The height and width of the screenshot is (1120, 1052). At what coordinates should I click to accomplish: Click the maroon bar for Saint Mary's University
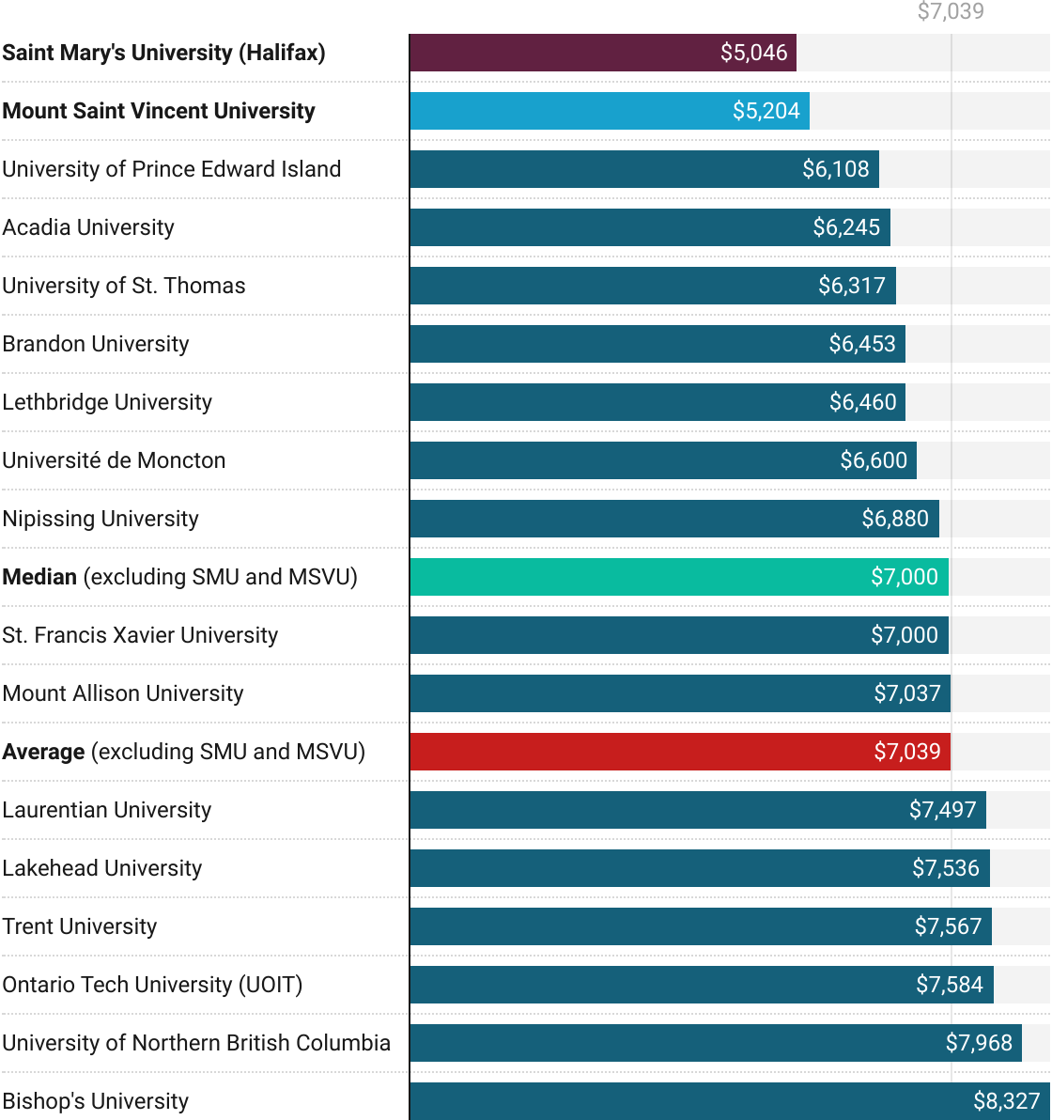(602, 53)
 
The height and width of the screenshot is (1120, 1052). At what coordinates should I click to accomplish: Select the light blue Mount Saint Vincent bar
(609, 111)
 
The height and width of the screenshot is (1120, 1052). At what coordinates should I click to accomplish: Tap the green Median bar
(678, 577)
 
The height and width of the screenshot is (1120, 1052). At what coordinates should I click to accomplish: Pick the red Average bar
(679, 752)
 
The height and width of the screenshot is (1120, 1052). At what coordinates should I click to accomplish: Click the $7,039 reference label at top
(951, 12)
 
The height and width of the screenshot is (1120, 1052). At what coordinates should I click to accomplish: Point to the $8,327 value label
(1006, 1101)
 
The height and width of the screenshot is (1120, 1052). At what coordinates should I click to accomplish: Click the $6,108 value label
(835, 169)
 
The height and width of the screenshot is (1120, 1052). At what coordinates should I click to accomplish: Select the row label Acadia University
(88, 227)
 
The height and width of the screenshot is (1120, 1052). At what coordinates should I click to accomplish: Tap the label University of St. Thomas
(124, 286)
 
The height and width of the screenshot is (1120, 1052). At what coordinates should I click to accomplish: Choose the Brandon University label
(96, 344)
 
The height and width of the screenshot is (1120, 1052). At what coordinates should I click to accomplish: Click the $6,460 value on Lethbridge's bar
(862, 402)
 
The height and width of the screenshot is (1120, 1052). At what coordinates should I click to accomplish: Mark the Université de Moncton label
(115, 460)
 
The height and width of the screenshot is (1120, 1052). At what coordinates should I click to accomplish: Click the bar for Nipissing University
(673, 519)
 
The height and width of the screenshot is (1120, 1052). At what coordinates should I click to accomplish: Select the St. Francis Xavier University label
(141, 635)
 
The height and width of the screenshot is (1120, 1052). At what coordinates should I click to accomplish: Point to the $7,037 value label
(906, 693)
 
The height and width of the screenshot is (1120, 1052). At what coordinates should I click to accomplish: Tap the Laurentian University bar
(697, 810)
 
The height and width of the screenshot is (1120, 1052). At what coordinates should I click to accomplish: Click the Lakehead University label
(102, 868)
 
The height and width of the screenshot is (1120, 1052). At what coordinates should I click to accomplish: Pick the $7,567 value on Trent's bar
(948, 926)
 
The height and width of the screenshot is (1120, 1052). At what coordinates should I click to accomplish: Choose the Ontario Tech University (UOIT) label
(152, 985)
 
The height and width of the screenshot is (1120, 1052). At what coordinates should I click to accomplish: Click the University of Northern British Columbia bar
(715, 1043)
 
